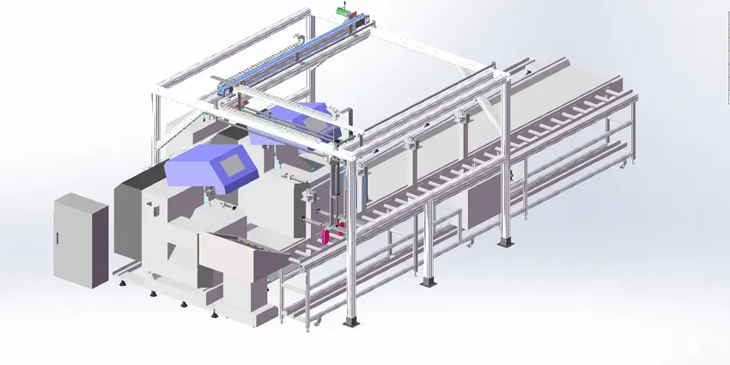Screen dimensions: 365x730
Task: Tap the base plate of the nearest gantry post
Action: point(351,324)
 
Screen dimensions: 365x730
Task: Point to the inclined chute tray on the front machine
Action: point(245,245)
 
